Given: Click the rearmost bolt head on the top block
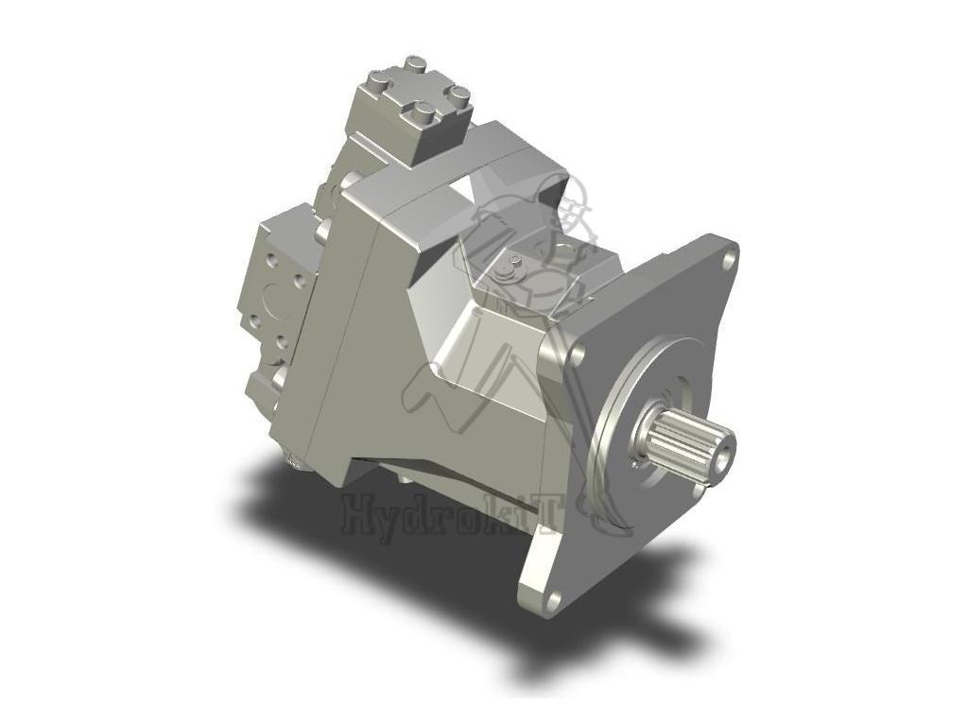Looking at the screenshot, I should coord(415,64).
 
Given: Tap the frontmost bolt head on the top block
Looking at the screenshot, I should coord(420,114).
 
